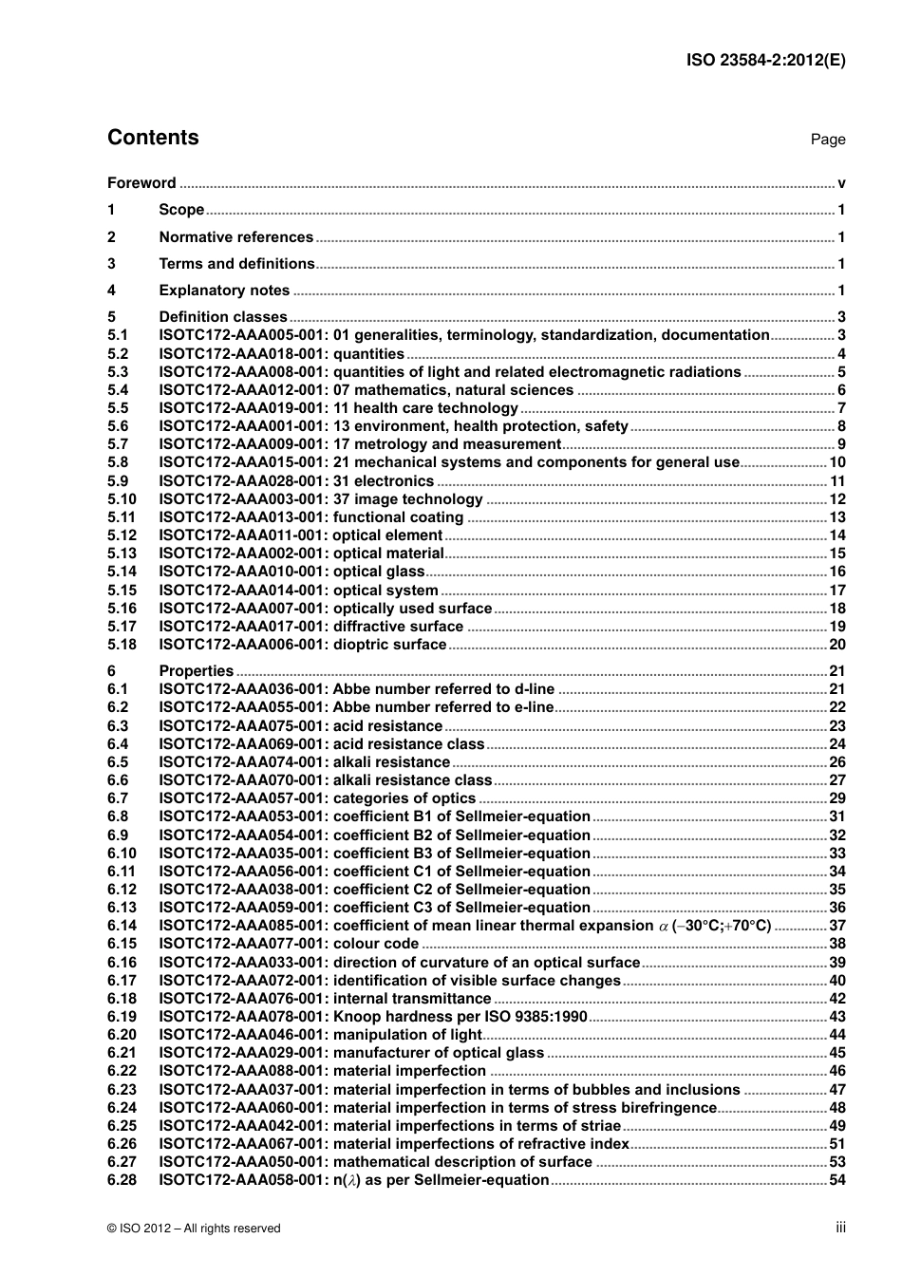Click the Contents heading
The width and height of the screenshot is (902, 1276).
[153, 138]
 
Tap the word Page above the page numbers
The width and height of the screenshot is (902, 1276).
[827, 140]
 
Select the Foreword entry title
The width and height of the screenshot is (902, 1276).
[141, 183]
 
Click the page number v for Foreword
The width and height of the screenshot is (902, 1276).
[841, 183]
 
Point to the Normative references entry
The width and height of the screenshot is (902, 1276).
[235, 237]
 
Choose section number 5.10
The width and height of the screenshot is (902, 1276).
[122, 499]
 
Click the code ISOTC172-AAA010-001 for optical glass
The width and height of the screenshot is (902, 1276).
[243, 572]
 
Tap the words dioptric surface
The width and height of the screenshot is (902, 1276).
[389, 645]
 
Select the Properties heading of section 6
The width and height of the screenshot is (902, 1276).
[196, 671]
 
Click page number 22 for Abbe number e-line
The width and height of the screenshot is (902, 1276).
[836, 707]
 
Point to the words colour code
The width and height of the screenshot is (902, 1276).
[376, 944]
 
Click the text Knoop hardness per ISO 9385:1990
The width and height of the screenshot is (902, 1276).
[460, 1017]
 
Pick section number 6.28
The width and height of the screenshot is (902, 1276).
[122, 1180]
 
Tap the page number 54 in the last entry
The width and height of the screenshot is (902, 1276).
[836, 1180]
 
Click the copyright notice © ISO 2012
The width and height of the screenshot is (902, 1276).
[194, 1229]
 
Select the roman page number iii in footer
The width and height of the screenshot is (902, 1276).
[840, 1228]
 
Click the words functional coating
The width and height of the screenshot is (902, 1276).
[398, 517]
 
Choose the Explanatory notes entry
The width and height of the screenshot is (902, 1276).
[224, 291]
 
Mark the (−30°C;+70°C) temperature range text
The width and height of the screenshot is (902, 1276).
[721, 926]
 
